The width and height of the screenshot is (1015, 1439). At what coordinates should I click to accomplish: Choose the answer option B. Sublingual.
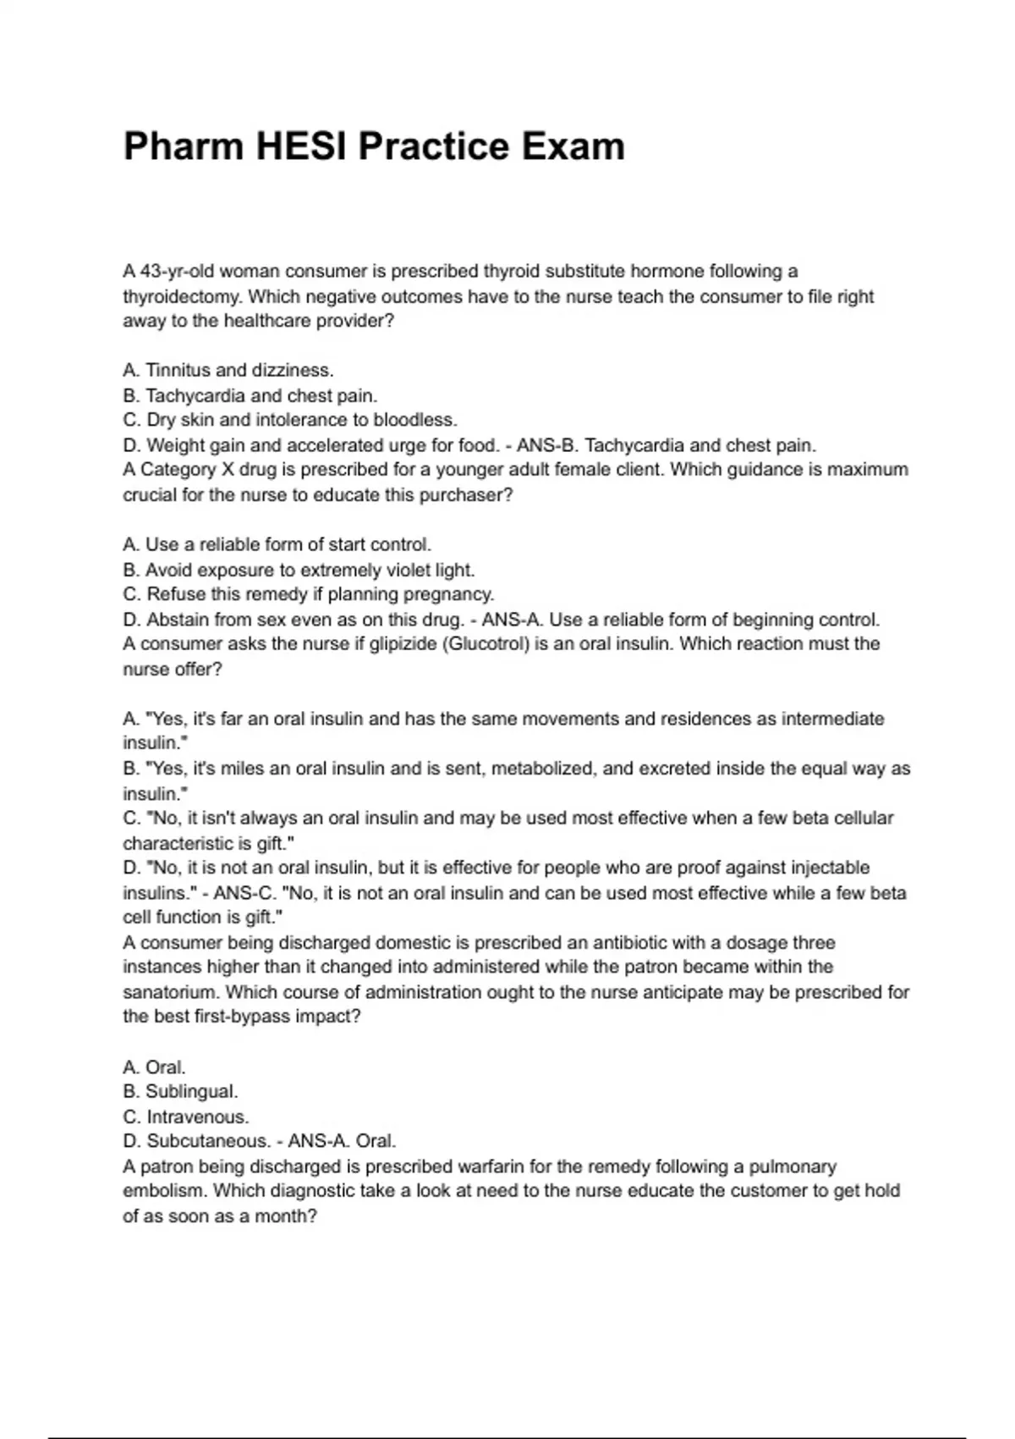180,1092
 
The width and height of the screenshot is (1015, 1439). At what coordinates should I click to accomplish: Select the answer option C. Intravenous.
186,1117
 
